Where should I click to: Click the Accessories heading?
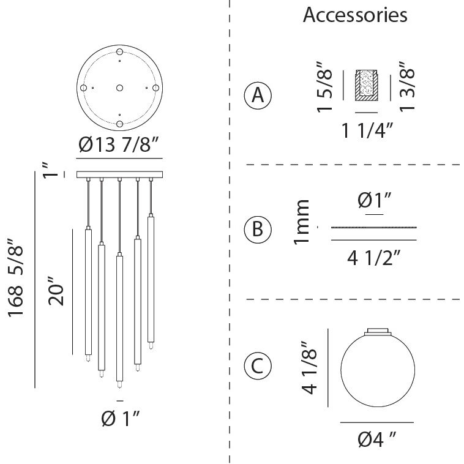[x=355, y=15]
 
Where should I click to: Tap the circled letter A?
[x=258, y=95]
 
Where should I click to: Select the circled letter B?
[x=258, y=230]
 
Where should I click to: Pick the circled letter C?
[x=258, y=366]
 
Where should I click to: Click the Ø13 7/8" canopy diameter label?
[x=119, y=144]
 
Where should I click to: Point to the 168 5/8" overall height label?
[x=15, y=277]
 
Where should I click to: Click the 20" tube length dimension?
[x=56, y=291]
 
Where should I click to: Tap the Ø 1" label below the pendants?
[x=120, y=419]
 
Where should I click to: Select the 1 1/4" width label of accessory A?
[x=367, y=130]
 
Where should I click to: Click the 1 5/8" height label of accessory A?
[x=324, y=87]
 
